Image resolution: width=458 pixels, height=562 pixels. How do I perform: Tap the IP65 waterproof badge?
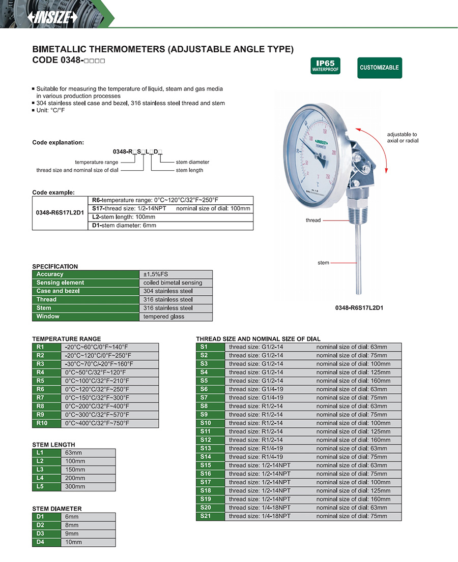[325, 67]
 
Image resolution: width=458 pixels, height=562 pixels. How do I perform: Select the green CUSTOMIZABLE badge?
[379, 68]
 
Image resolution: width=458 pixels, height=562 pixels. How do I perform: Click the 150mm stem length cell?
[89, 470]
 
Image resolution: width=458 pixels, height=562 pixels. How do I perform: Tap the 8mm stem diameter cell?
[89, 525]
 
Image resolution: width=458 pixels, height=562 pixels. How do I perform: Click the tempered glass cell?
[176, 317]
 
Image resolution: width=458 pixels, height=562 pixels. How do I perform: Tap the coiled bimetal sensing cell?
[176, 283]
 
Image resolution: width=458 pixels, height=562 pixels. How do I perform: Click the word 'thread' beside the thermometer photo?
[313, 220]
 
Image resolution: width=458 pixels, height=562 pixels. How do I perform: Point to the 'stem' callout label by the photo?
[323, 263]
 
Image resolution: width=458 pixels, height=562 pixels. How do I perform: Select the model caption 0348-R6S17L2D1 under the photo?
[359, 308]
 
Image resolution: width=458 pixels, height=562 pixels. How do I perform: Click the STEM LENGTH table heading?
[53, 445]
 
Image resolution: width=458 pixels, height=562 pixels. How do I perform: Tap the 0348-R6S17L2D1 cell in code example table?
[60, 213]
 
